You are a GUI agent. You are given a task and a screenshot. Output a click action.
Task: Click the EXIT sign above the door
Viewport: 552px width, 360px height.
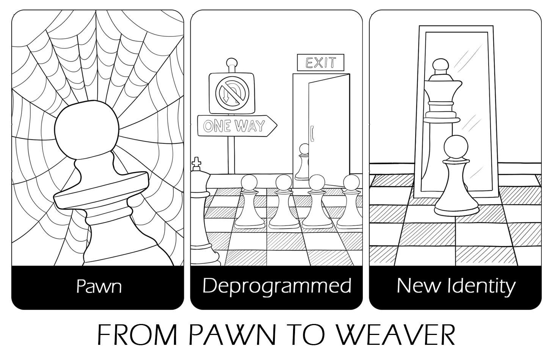320,62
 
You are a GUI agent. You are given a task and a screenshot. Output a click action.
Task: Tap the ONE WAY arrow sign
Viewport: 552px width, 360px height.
237,126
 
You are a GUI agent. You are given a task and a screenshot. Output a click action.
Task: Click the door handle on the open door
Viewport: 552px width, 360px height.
312,134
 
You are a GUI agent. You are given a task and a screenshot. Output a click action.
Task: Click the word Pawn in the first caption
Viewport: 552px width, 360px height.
99,286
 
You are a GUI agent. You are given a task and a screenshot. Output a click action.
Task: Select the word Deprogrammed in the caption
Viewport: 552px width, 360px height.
277,286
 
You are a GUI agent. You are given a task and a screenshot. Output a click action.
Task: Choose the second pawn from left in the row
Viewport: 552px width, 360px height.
284,202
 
